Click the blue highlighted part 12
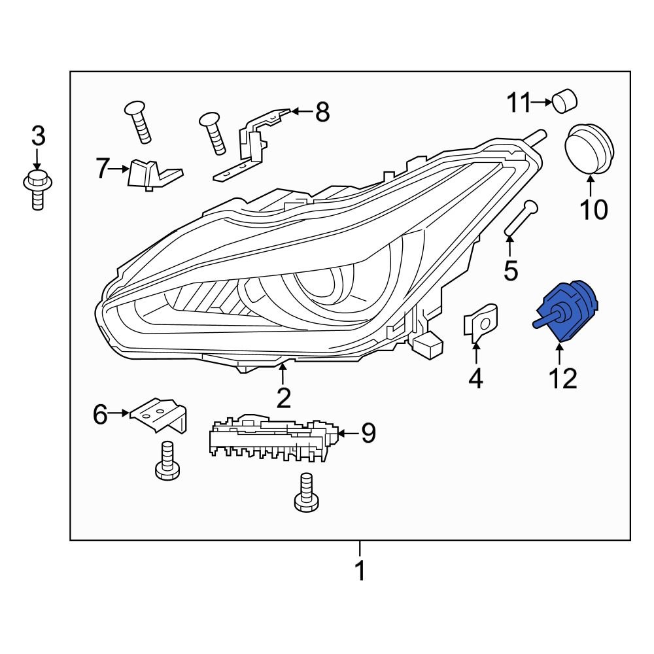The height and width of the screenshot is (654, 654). pos(566,313)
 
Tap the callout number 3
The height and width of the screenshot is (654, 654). pos(39,137)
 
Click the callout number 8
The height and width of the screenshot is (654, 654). pos(322,112)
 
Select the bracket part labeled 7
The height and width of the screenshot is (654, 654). pos(149,174)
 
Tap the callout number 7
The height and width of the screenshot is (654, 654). pos(101,169)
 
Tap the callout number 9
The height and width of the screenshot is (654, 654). pos(368,432)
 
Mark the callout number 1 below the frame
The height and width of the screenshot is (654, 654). pos(359,570)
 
